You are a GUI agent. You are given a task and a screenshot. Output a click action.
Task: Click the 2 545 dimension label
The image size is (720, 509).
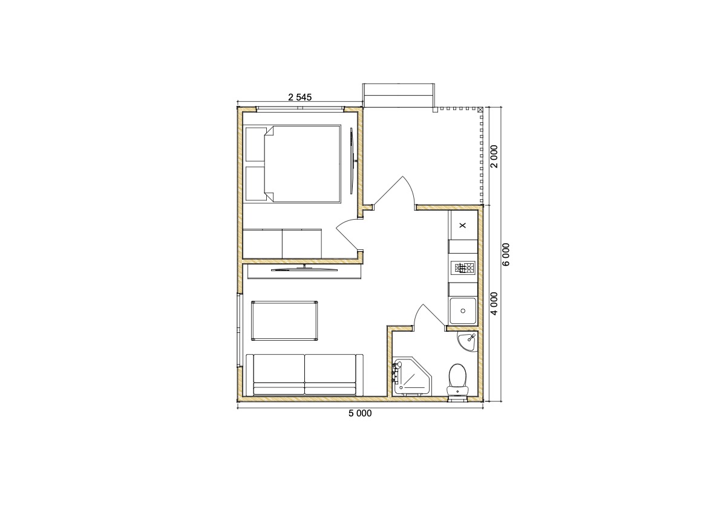point(300,97)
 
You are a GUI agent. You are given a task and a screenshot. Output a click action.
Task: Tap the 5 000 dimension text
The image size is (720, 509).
point(360,413)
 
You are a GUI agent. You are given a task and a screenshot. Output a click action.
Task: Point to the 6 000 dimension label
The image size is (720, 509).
point(506,254)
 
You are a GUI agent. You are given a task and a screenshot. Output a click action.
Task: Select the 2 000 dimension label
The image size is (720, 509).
point(494,157)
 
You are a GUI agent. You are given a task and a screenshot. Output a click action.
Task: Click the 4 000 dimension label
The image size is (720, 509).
point(494,304)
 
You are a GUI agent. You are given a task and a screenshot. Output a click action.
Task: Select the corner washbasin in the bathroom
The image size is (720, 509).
point(468,341)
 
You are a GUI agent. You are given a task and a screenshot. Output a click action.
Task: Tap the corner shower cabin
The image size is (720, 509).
point(412,376)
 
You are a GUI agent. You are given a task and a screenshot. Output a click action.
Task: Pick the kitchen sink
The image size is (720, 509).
point(463,311)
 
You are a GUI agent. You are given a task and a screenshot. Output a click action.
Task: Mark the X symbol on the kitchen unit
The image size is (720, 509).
point(462,225)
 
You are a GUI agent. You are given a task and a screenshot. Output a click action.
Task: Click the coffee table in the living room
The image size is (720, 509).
point(285,321)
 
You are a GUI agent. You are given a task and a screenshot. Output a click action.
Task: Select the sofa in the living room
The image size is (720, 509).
point(304,375)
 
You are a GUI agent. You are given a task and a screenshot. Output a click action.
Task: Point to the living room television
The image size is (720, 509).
point(304,269)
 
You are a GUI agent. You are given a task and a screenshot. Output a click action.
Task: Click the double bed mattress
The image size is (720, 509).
point(303,164)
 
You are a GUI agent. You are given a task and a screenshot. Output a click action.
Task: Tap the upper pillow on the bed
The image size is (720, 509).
point(255,144)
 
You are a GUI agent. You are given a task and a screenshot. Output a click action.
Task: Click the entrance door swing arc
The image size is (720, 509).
point(411,186)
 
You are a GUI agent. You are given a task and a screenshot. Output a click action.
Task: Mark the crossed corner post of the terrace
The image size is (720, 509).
point(480,110)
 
